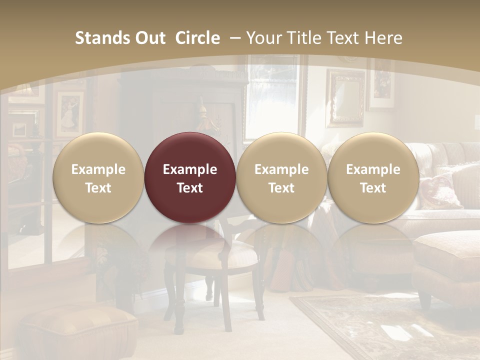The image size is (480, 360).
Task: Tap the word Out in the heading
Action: [x=148, y=38]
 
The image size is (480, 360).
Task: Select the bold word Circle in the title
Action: [x=197, y=38]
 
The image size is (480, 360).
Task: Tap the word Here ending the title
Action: [x=383, y=38]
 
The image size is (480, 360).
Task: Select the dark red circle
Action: [x=190, y=177]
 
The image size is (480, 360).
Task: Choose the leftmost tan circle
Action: [x=98, y=177]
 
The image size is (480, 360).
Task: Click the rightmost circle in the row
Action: [x=373, y=177]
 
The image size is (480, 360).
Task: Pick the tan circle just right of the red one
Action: [x=281, y=177]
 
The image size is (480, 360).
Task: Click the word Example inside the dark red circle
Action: [x=190, y=169]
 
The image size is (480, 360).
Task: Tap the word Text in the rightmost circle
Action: [x=373, y=187]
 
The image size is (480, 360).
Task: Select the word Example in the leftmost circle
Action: [x=98, y=169]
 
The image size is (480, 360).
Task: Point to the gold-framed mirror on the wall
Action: [x=346, y=97]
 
